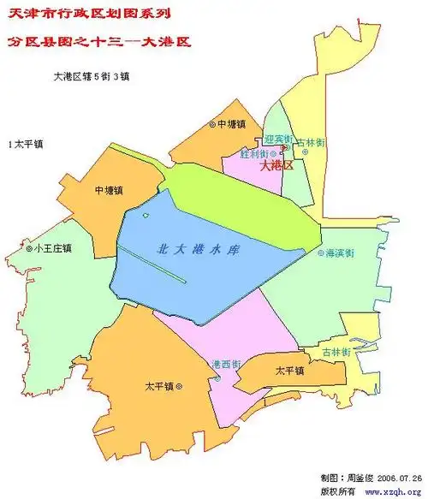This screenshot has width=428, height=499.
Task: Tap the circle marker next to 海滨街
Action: tap(321, 253)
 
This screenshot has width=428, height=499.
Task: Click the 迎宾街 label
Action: tap(278, 139)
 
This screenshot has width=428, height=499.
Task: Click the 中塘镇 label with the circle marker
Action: tap(233, 124)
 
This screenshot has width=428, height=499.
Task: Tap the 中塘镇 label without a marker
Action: tap(110, 189)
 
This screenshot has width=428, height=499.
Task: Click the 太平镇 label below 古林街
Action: tap(289, 371)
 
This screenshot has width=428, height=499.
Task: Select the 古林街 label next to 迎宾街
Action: tap(309, 142)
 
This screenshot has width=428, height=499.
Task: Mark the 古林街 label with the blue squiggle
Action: tap(335, 352)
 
